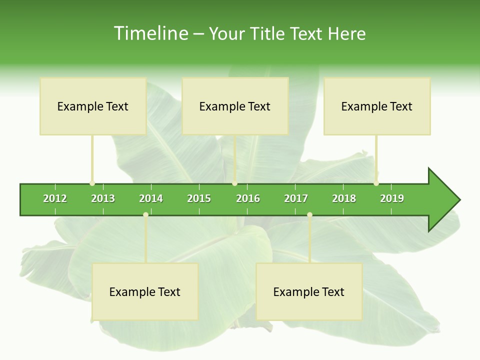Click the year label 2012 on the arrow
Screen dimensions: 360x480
click(55, 198)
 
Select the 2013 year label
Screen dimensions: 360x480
click(103, 198)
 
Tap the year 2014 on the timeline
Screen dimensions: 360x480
click(151, 198)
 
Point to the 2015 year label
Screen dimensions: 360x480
click(199, 198)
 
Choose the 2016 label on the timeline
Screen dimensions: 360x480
click(248, 198)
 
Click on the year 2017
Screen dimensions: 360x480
click(296, 198)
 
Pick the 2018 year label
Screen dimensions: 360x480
click(344, 198)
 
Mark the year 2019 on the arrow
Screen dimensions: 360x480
click(392, 198)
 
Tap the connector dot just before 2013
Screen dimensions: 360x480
click(92, 183)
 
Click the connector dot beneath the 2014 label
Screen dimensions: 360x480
click(145, 214)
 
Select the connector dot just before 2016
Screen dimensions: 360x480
click(234, 183)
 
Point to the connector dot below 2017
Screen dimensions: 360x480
click(309, 214)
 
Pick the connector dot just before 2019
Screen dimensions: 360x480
click(376, 183)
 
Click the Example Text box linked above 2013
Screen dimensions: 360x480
click(93, 106)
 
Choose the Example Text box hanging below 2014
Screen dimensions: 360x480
click(145, 292)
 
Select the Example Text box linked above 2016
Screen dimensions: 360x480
click(235, 106)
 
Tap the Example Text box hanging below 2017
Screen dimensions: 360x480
click(309, 292)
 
